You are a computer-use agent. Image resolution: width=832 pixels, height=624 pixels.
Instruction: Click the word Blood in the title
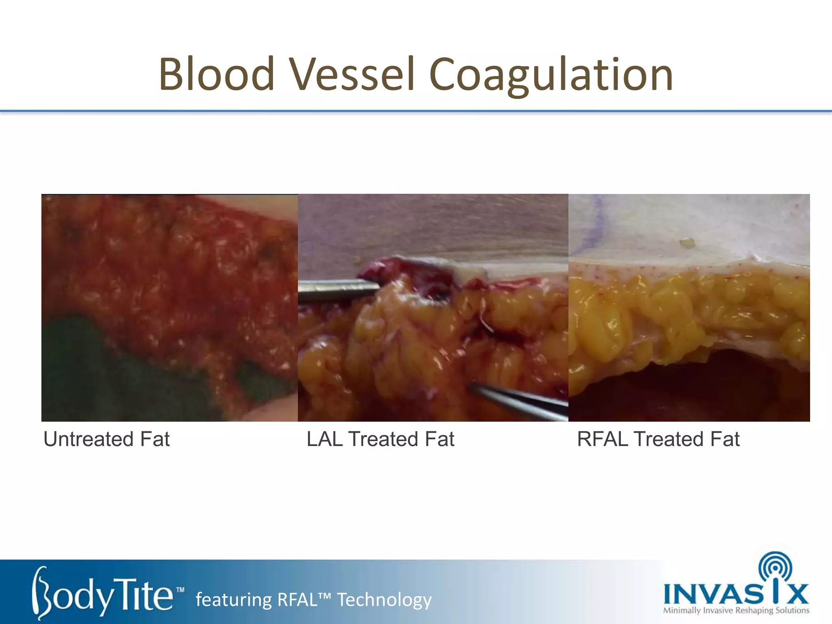coord(217,74)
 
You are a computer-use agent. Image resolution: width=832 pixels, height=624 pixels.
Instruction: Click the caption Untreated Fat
coord(106,439)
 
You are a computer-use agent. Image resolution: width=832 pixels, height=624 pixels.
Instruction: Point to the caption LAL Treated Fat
coord(380,439)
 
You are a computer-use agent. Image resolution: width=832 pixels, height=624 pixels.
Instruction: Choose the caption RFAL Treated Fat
coord(658,439)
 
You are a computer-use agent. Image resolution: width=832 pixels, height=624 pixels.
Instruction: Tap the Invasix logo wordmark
coord(735,594)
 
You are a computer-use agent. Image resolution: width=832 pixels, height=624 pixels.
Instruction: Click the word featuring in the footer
coord(233,600)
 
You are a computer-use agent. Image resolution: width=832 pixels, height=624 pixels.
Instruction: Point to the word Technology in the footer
coord(384,600)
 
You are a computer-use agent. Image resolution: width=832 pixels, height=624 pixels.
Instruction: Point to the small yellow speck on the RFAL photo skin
coord(687,243)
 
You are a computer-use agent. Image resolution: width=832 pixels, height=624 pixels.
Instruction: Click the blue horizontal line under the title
coord(416,111)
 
